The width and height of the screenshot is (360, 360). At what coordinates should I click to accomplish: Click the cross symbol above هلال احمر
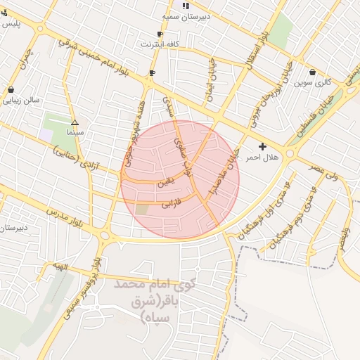tap(263, 147)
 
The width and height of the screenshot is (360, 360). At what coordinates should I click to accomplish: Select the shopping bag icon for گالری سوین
tap(312, 72)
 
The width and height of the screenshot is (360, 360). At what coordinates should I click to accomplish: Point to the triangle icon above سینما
tap(75, 122)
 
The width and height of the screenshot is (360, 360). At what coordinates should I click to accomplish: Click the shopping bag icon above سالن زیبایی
tap(11, 89)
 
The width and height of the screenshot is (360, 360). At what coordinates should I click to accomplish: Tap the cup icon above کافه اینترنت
tap(160, 34)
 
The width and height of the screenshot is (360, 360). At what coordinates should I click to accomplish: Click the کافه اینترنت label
tap(160, 44)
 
